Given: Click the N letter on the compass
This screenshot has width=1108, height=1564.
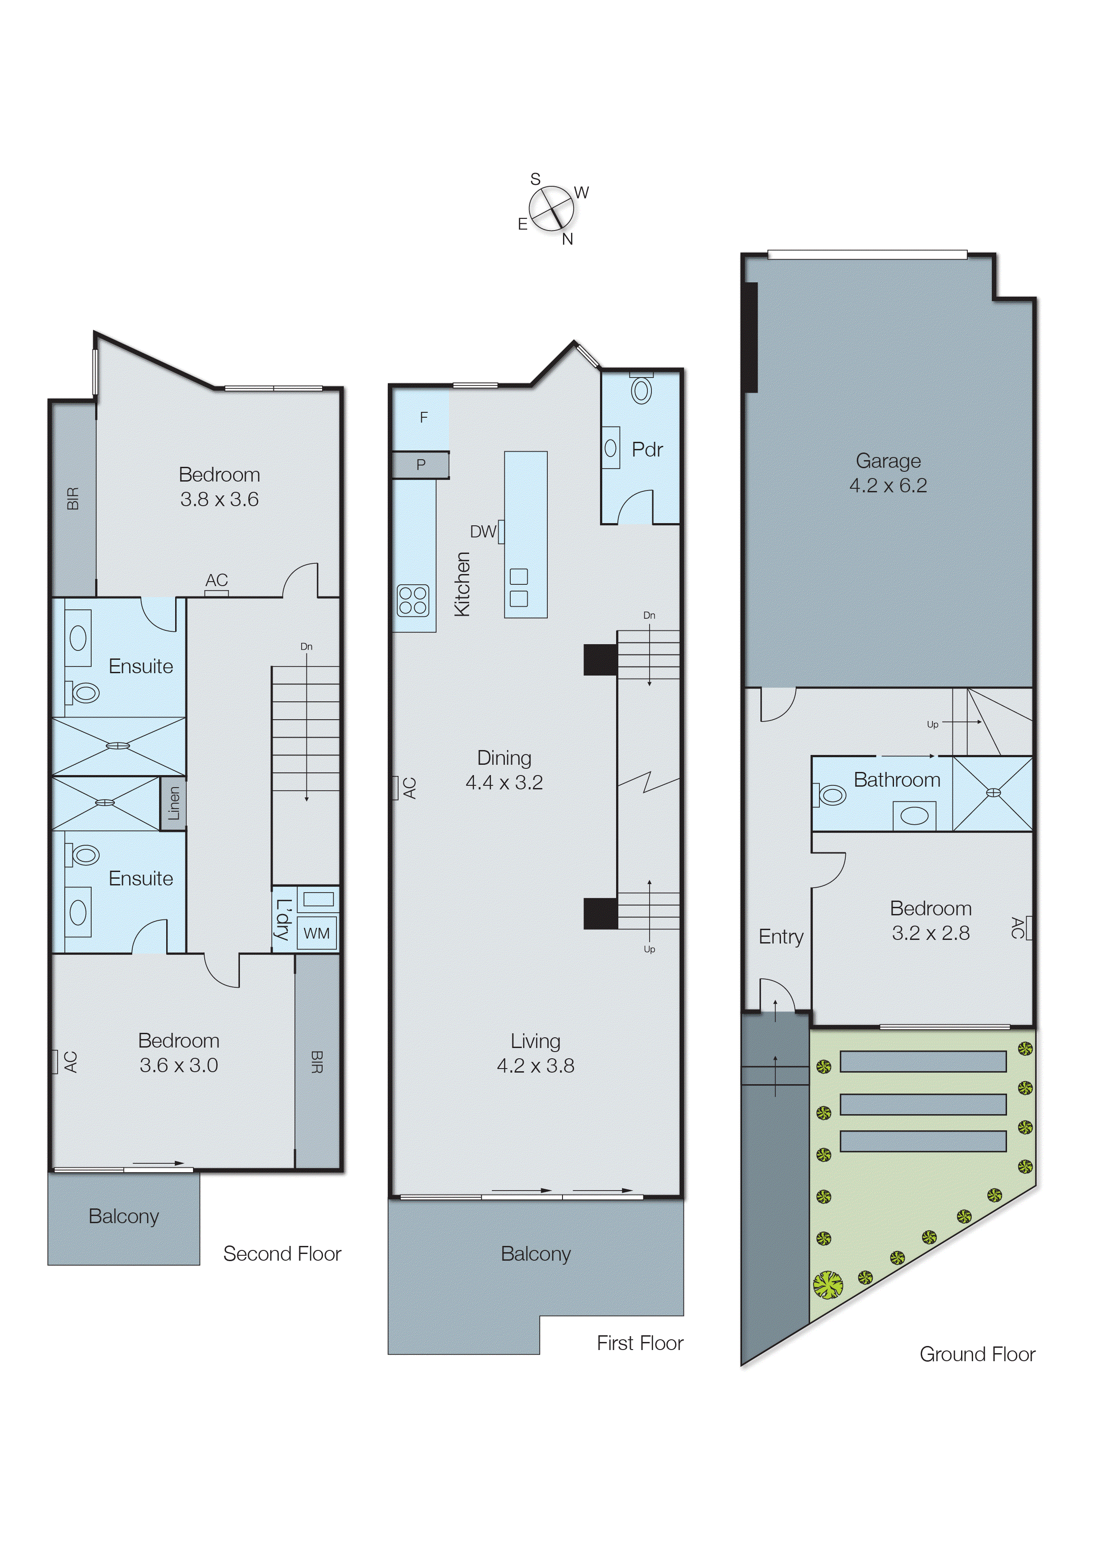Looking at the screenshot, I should (x=567, y=239).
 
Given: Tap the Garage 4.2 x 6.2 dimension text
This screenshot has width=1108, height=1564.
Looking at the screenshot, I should (x=888, y=486).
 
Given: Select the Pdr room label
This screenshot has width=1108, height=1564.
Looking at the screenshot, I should (x=647, y=449).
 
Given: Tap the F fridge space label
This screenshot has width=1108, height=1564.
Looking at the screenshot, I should (x=424, y=417).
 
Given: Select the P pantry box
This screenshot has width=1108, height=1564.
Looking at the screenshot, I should (x=421, y=465).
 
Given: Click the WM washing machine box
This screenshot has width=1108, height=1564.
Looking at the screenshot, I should (x=317, y=933).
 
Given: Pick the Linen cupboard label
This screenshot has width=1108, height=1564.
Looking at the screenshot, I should (x=173, y=804).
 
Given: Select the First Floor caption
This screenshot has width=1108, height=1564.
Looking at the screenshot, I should (x=639, y=1344).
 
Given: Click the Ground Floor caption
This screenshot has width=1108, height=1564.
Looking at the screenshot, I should (x=977, y=1354).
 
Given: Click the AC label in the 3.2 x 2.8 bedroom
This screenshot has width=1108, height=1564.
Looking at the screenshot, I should (x=1016, y=928).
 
